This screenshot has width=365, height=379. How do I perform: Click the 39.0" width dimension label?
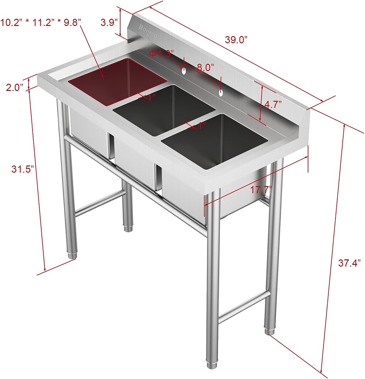[x=236, y=40]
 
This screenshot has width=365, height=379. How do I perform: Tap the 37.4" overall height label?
[x=349, y=263]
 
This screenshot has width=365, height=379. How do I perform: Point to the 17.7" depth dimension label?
[x=261, y=189]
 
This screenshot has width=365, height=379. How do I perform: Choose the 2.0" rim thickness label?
[x=15, y=87]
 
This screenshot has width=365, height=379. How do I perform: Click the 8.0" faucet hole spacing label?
[x=205, y=67]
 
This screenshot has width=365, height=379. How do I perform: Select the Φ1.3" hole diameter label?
[x=161, y=54]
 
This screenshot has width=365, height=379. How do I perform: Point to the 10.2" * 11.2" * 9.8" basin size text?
[x=41, y=22]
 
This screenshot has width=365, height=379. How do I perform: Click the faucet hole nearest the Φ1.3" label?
[x=184, y=71]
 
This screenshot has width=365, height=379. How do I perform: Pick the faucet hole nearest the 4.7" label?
[x=221, y=93]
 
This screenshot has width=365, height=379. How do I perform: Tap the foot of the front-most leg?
[x=212, y=365]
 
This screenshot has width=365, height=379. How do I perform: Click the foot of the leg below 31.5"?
[x=72, y=255]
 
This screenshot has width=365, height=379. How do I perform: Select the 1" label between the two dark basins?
[x=202, y=126]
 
